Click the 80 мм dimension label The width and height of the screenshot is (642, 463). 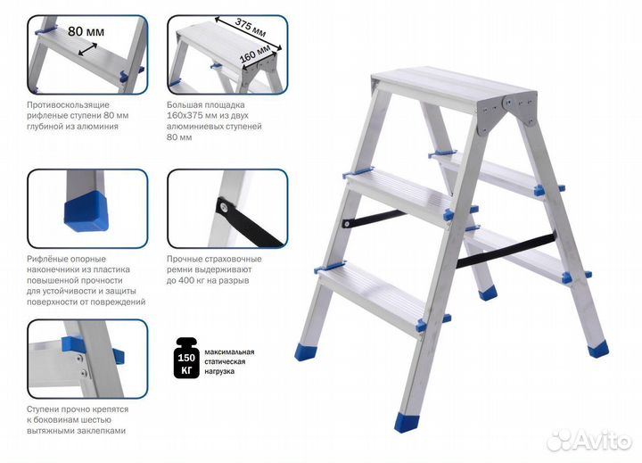pos(86,31)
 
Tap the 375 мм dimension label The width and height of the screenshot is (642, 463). pos(251,28)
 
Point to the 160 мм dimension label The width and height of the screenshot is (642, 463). pos(256,54)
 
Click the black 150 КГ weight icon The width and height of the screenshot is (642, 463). pos(186,358)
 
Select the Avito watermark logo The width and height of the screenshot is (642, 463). pos(588,440)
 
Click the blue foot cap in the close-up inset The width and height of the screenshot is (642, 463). pos(86,211)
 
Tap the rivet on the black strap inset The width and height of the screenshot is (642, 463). pos(225,207)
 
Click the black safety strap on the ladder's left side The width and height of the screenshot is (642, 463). pos(374,219)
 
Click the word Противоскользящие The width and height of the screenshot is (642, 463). pos(68,105)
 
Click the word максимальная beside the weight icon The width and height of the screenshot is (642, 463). pos(229,352)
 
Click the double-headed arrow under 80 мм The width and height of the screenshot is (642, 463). pos(87,50)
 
